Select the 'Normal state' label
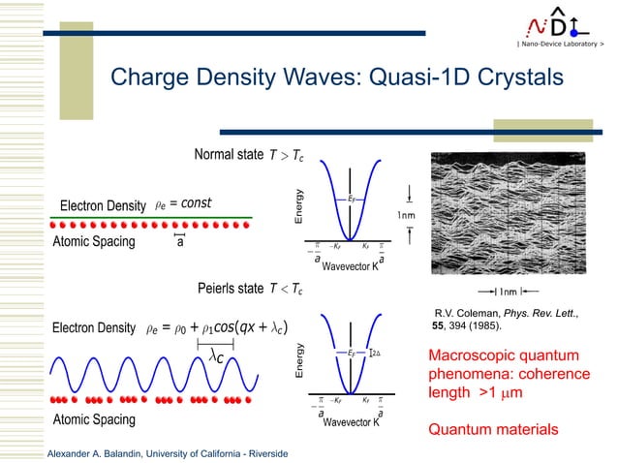coord(229,156)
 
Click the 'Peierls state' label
coord(231,288)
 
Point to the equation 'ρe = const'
coord(183,203)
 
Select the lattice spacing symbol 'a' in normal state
coord(179,242)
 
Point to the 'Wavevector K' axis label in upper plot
coord(351,265)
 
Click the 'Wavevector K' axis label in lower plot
coord(351,423)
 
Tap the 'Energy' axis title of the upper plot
coord(300,207)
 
